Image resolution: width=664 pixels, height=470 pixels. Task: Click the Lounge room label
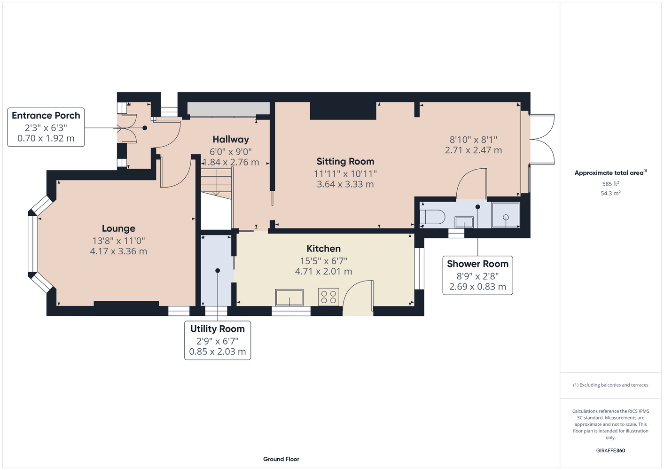point(118,228)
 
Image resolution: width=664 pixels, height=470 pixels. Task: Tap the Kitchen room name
point(323,249)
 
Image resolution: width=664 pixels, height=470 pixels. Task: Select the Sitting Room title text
point(345,161)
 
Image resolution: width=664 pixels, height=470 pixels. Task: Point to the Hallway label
point(231,140)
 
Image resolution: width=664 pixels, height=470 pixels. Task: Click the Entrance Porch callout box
point(46,127)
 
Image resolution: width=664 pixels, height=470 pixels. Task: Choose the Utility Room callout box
point(218,340)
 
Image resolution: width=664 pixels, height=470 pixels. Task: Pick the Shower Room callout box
point(477,275)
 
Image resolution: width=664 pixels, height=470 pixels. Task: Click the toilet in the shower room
point(432,217)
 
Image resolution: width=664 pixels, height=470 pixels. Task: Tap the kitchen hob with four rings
point(328,297)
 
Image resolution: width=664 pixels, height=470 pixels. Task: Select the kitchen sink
point(289,298)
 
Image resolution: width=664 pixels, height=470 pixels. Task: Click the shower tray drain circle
point(506,217)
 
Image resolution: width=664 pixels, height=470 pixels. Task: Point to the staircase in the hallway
point(216,181)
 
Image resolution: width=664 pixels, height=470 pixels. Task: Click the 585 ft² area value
point(610,184)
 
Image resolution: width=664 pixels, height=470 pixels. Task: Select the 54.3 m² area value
point(610,193)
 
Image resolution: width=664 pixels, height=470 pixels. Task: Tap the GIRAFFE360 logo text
point(610,450)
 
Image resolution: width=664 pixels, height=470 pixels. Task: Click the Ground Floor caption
point(281,459)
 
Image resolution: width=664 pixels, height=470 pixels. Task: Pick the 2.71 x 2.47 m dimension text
point(473,150)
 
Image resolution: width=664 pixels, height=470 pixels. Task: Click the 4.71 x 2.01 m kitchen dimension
point(323,271)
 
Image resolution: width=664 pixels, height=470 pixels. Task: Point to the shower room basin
point(464,222)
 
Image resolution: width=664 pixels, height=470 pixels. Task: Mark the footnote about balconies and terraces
point(610,385)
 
